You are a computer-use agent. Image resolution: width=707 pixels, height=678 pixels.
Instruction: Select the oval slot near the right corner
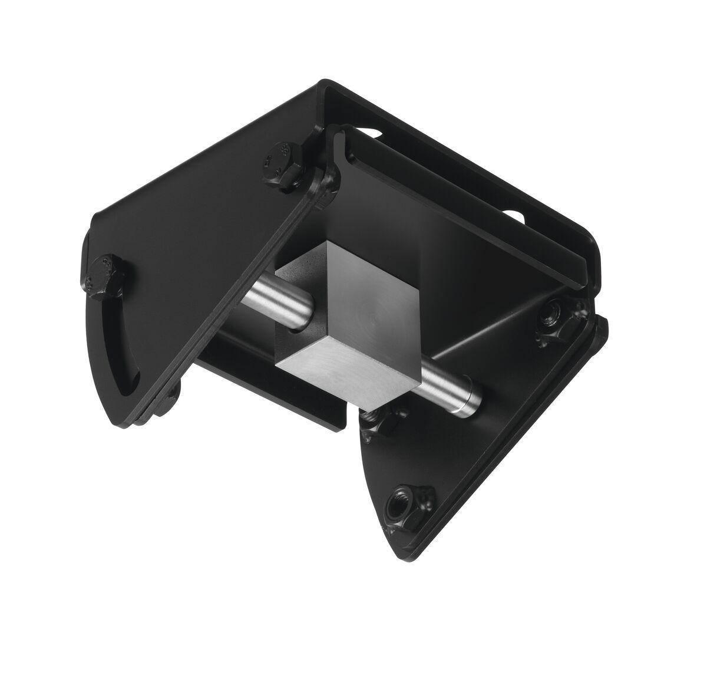pyautogui.click(x=513, y=217)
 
